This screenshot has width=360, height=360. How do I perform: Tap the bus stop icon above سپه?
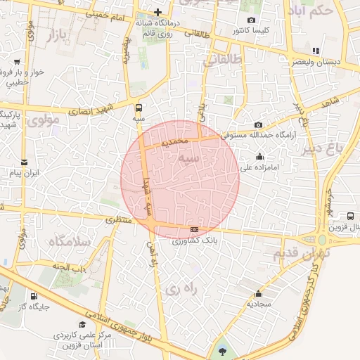point(138,108)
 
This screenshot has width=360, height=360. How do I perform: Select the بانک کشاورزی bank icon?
point(194,229)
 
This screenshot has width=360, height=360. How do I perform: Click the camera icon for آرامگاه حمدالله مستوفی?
point(259,124)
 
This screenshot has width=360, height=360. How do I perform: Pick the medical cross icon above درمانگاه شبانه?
point(158,12)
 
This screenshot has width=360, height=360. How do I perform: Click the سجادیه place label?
point(259,304)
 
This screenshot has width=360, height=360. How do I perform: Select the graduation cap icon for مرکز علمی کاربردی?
point(83,325)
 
